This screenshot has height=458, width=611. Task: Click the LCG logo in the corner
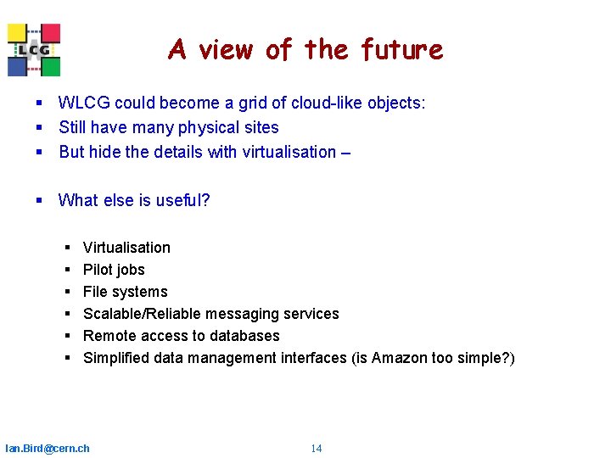pos(34,50)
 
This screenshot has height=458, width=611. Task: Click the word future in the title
pos(401,50)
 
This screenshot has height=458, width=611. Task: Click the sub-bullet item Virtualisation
pos(126,248)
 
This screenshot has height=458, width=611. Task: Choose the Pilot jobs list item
pos(114,270)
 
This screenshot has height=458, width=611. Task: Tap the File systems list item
pos(125,292)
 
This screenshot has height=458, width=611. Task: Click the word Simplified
pos(116,358)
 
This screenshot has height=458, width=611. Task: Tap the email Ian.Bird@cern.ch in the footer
pos(48,448)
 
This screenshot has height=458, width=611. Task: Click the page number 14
pos(316,448)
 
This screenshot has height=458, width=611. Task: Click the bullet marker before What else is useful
pos(39,201)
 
